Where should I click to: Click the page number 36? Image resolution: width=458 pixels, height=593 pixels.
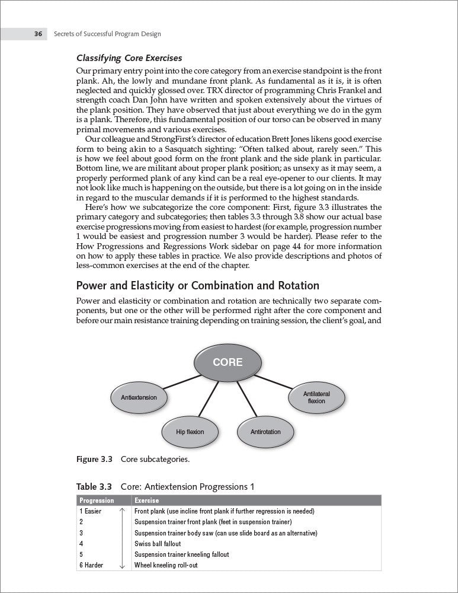37,34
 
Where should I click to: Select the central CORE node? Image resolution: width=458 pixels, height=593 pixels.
228,361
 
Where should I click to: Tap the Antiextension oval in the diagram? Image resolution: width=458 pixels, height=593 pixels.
139,397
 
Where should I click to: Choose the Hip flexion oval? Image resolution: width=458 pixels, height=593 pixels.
190,432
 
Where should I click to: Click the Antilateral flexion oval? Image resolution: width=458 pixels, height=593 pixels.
316,397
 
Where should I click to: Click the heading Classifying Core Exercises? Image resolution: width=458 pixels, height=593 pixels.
129,58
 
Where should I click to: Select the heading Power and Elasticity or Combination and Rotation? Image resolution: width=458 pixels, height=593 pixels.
198,286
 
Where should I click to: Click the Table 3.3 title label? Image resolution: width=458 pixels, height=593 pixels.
94,487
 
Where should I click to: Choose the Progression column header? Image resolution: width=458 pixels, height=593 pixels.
97,500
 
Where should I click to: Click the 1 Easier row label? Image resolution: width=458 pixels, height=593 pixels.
91,511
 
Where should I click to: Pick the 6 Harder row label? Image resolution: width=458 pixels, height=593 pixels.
91,565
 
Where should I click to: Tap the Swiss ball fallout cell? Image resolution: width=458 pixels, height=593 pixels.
158,544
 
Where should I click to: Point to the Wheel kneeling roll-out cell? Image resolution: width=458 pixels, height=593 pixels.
166,565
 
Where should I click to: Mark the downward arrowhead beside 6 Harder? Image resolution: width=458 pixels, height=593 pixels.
122,567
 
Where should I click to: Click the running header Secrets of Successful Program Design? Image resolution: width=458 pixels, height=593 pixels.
107,34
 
